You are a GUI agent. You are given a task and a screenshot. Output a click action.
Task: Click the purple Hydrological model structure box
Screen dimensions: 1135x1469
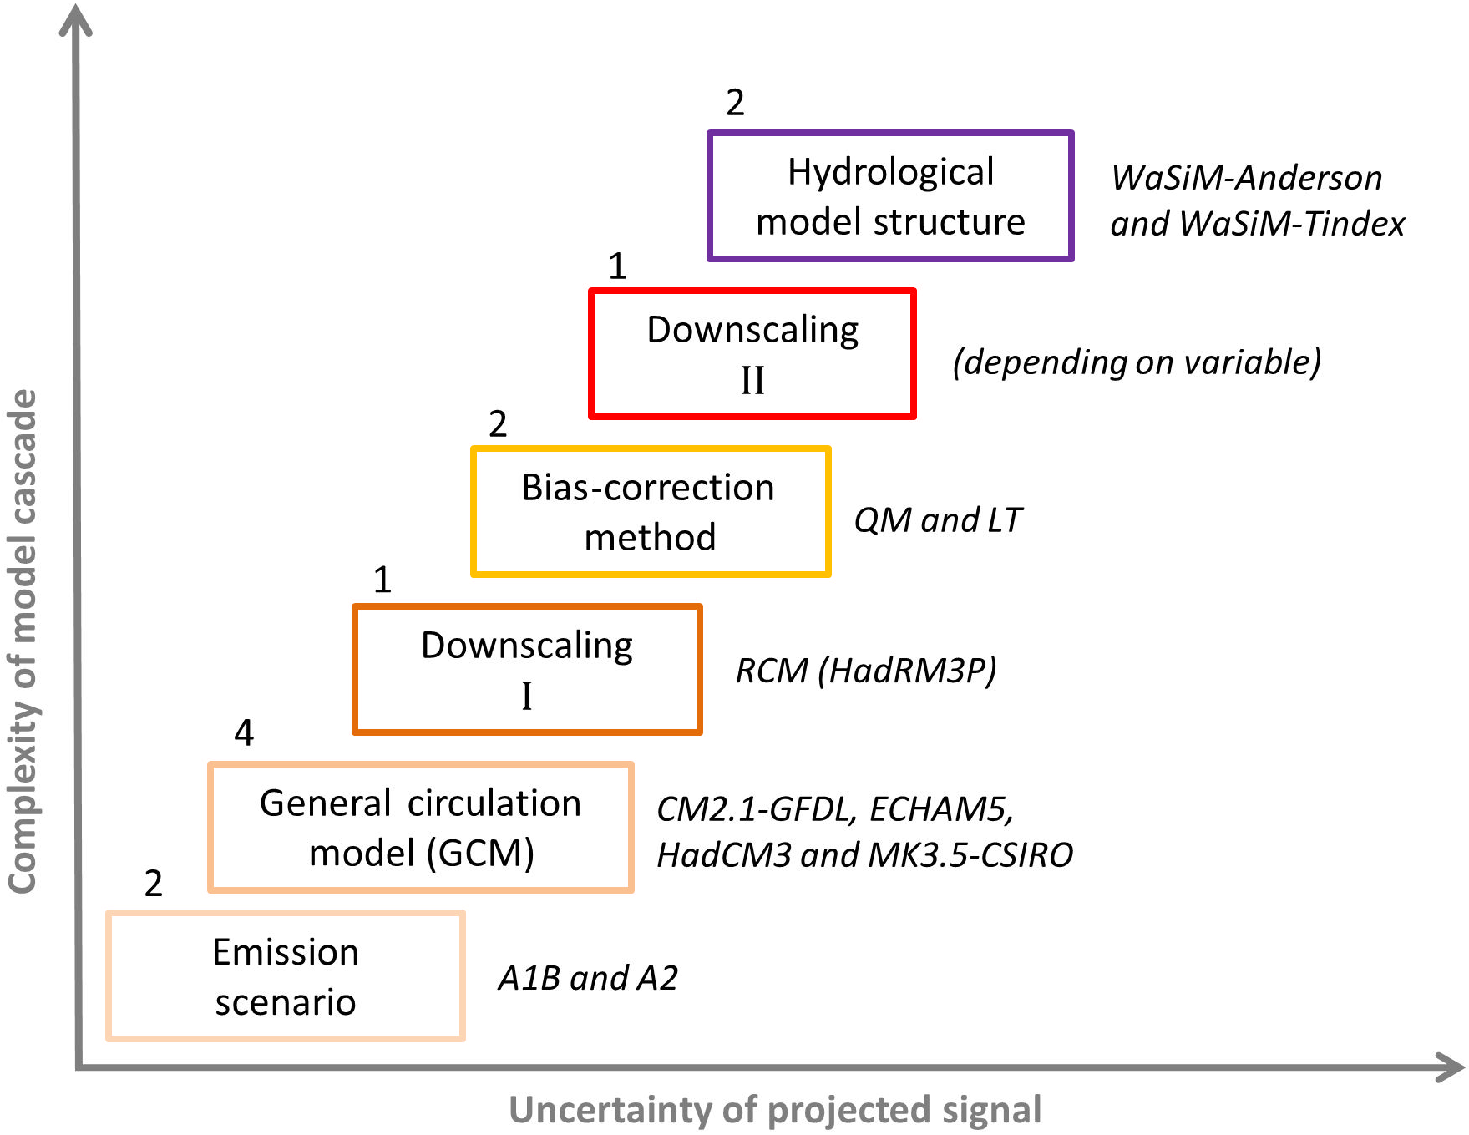(890, 196)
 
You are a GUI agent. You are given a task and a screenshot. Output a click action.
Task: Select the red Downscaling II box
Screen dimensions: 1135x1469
(752, 354)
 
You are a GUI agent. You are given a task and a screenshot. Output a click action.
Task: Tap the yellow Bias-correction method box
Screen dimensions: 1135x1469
(651, 512)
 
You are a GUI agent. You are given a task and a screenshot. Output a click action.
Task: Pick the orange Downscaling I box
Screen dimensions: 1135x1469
(527, 670)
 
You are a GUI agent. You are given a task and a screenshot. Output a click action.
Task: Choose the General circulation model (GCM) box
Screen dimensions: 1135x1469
(421, 828)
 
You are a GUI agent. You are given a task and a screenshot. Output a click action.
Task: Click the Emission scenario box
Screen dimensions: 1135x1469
(286, 976)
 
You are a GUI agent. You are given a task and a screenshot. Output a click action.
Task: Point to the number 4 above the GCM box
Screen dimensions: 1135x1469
(244, 732)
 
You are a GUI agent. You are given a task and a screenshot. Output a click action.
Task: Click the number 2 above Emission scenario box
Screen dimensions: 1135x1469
(154, 883)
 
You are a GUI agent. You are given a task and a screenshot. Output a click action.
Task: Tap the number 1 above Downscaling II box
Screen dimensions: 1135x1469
(617, 266)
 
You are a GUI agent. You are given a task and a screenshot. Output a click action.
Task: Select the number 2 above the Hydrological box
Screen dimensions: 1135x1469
(735, 103)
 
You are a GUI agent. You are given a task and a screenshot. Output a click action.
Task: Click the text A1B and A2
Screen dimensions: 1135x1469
(588, 978)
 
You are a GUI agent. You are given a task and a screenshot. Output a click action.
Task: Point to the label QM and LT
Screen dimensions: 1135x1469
(937, 520)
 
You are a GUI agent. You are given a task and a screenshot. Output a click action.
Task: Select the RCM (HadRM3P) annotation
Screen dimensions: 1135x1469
(866, 671)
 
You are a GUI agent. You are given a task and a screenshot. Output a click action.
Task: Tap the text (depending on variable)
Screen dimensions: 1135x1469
(1137, 362)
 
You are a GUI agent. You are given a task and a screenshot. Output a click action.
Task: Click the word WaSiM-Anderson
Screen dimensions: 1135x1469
(1246, 178)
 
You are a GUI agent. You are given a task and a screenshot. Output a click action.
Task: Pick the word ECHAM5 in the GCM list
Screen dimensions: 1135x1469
(941, 809)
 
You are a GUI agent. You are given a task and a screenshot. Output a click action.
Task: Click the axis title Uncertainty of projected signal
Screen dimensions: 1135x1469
(775, 1110)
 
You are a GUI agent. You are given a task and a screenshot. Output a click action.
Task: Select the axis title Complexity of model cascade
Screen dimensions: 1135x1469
(23, 641)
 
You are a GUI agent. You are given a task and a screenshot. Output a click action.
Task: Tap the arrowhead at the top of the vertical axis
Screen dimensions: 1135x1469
(75, 18)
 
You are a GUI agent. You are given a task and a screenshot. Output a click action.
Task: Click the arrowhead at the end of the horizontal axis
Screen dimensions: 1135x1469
(1451, 1067)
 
